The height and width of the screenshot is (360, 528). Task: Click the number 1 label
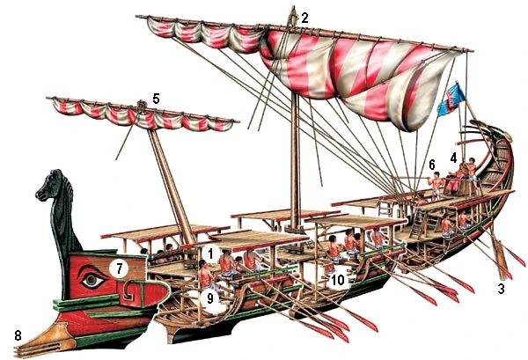(x=210, y=253)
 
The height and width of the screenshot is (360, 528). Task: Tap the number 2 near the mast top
(x=304, y=18)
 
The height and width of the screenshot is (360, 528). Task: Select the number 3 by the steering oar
(x=502, y=289)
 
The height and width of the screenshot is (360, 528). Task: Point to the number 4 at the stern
(x=453, y=157)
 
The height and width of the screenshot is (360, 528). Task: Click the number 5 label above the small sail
(x=156, y=99)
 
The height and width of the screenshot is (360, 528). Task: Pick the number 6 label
(x=432, y=165)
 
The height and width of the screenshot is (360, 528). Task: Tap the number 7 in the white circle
(x=119, y=268)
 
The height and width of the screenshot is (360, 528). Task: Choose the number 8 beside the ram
(x=18, y=335)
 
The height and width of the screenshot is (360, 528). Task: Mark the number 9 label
(x=210, y=298)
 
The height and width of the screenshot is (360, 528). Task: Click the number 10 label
(x=338, y=280)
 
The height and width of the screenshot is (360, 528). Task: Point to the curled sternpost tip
(x=507, y=136)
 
